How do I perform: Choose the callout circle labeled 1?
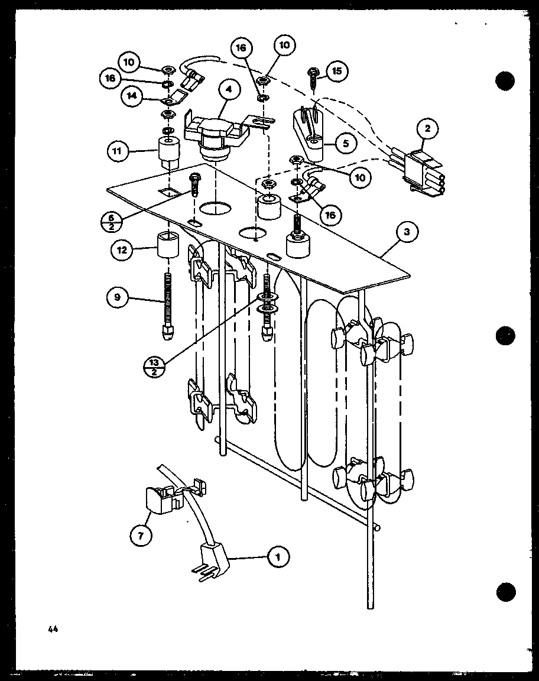coord(276,556)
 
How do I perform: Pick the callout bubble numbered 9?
coord(117,298)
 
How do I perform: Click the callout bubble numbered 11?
coord(117,151)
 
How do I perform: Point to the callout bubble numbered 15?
coord(336,72)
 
